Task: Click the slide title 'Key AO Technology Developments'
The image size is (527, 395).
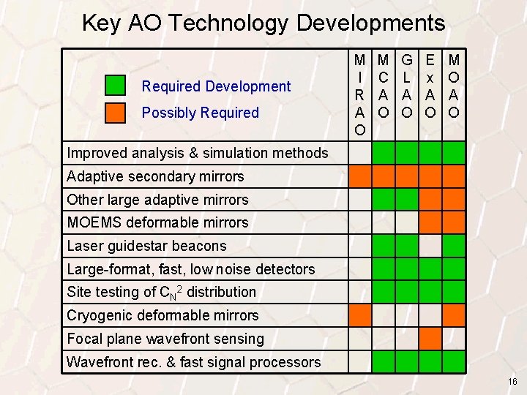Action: click(x=263, y=23)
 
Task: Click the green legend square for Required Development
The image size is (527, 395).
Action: click(x=115, y=86)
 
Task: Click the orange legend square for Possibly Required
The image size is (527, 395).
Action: click(x=115, y=112)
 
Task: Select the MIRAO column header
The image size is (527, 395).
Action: click(x=359, y=94)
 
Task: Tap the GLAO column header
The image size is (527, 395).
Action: click(x=407, y=86)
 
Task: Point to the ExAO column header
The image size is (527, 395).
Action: click(x=431, y=86)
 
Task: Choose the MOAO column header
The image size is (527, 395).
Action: click(x=454, y=86)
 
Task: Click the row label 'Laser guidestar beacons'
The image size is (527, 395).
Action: click(x=146, y=246)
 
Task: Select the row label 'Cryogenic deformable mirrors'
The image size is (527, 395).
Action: click(x=162, y=315)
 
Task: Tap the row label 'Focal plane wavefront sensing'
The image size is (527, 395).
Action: click(x=165, y=339)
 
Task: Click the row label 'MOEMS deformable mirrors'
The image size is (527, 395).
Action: click(x=157, y=222)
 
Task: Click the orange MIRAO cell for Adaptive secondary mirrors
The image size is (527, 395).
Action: click(x=359, y=176)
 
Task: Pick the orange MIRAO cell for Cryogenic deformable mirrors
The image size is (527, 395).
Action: click(x=359, y=315)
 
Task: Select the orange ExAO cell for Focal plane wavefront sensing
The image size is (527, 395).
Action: click(x=431, y=339)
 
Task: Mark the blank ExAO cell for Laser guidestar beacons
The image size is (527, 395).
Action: click(x=431, y=246)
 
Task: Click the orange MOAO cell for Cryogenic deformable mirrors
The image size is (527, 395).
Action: click(x=454, y=315)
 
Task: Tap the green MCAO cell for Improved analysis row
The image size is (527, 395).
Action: click(x=384, y=153)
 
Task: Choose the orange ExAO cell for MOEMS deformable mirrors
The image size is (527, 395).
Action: click(x=431, y=222)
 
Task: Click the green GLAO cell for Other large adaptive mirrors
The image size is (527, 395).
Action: click(x=407, y=200)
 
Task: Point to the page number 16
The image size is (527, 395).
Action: click(x=512, y=382)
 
